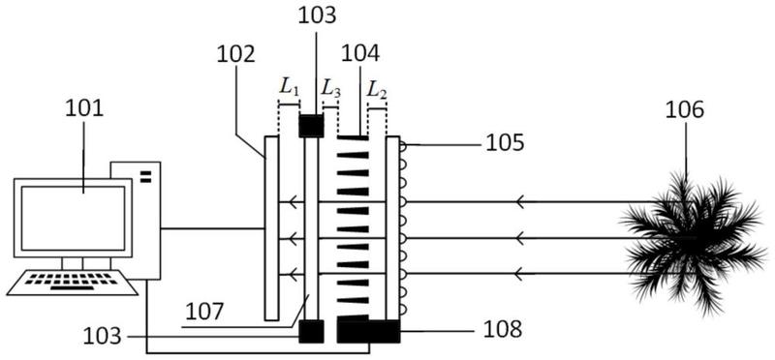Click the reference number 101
84,108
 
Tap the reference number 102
235,54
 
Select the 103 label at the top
317,15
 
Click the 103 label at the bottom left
102,337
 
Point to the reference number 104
360,53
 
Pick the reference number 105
505,143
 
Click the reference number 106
685,110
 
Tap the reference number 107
204,313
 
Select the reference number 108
502,330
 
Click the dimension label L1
289,87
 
